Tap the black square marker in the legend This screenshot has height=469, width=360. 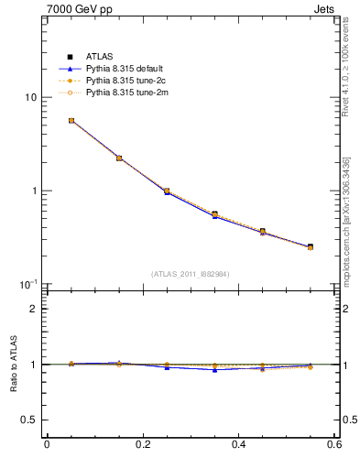pyautogui.click(x=70, y=58)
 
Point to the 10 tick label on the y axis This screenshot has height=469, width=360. pyautogui.click(x=30, y=97)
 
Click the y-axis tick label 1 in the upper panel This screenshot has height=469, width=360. pyautogui.click(x=34, y=191)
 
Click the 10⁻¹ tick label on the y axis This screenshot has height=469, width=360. pyautogui.click(x=28, y=284)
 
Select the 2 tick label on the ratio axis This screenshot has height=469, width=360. pyautogui.click(x=34, y=309)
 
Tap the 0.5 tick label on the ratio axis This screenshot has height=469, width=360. pyautogui.click(x=29, y=420)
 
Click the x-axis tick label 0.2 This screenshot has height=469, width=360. pyautogui.click(x=142, y=446)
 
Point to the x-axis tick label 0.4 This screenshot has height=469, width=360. pyautogui.click(x=238, y=446)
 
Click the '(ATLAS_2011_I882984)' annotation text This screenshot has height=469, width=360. pyautogui.click(x=190, y=274)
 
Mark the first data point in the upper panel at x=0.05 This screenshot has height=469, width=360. pyautogui.click(x=71, y=120)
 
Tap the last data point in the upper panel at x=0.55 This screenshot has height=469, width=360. pyautogui.click(x=311, y=246)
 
